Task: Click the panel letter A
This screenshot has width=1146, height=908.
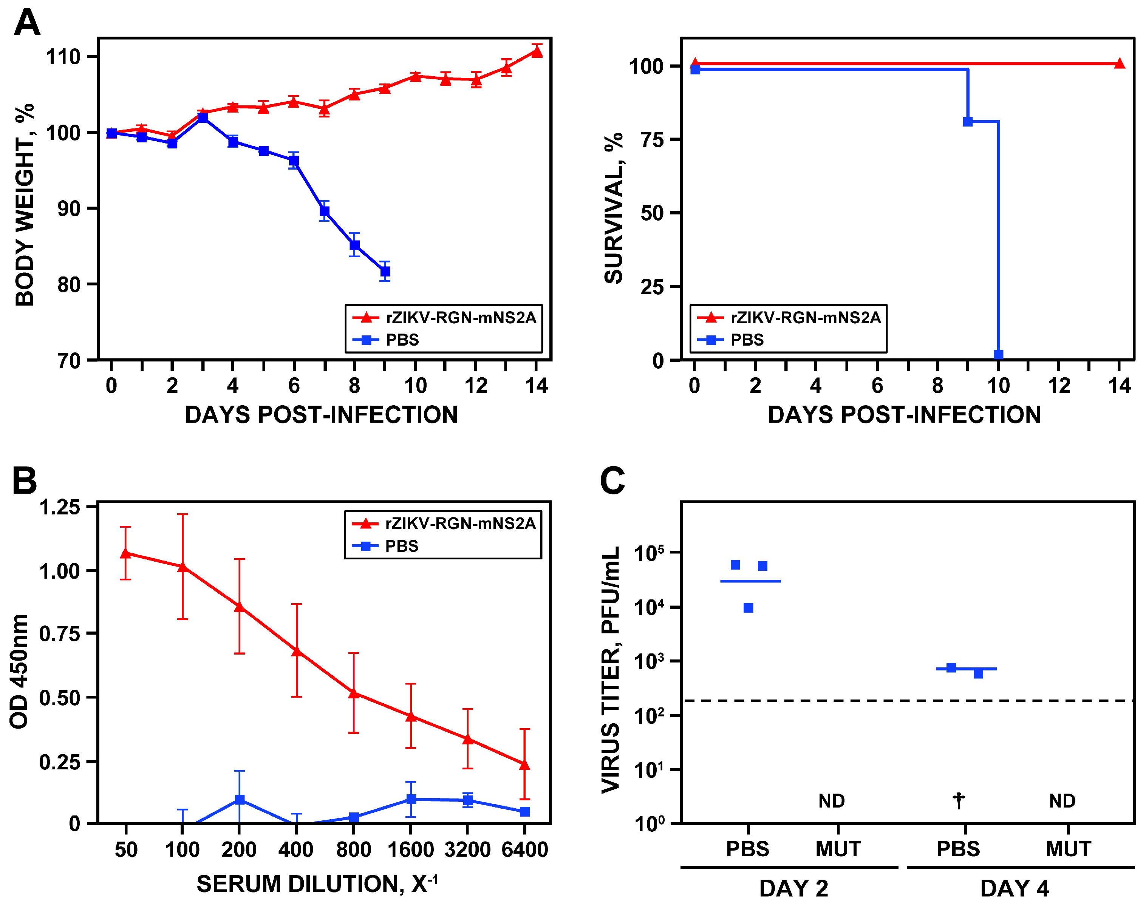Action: [27, 23]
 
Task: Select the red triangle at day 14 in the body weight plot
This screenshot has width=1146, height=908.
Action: [537, 51]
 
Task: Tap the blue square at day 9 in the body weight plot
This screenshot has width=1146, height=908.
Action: [385, 272]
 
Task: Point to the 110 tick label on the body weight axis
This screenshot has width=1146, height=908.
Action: [63, 57]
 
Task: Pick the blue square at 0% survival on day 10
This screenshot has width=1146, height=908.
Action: [998, 354]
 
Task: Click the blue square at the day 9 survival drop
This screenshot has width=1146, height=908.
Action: [968, 122]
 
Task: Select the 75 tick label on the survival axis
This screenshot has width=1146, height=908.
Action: [653, 140]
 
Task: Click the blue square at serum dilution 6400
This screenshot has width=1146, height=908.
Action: [524, 811]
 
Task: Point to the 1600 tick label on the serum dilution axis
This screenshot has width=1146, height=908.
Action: [411, 849]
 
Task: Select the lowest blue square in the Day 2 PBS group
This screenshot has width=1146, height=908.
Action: [749, 608]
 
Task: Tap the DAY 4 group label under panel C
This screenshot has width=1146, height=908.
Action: [1015, 888]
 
